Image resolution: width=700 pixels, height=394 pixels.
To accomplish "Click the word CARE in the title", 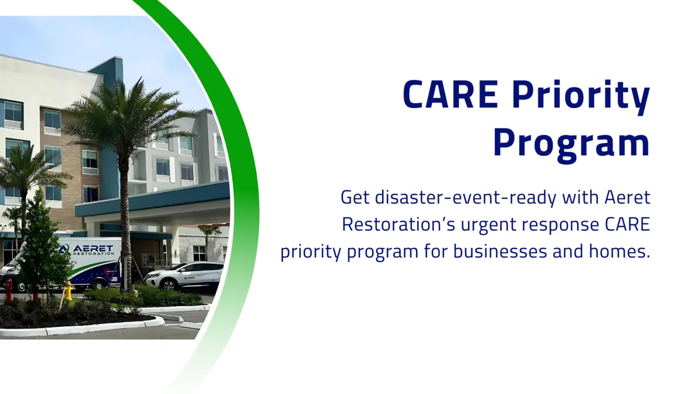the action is pyautogui.click(x=450, y=94).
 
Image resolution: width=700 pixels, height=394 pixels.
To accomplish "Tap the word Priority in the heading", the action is pyautogui.click(x=582, y=97).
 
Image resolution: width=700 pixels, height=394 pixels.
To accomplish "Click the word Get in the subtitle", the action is pyautogui.click(x=355, y=198).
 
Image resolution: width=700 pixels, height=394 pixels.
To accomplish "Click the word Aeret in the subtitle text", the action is pyautogui.click(x=627, y=198).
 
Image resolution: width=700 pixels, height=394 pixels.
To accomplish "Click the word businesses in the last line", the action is pyautogui.click(x=500, y=252).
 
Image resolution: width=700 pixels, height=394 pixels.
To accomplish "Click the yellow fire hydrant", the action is pyautogui.click(x=68, y=291).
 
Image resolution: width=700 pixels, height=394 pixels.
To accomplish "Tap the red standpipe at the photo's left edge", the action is pyautogui.click(x=8, y=291).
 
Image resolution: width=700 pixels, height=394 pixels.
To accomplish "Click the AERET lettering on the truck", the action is pyautogui.click(x=93, y=248).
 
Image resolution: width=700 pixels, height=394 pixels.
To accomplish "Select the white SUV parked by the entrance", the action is pyautogui.click(x=184, y=276).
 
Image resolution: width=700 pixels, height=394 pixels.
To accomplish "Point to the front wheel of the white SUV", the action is pyautogui.click(x=169, y=285).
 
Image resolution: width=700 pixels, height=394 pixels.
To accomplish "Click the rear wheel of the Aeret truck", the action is pyautogui.click(x=99, y=284).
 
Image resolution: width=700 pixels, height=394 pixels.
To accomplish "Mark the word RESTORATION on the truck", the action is pyautogui.click(x=93, y=253).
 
